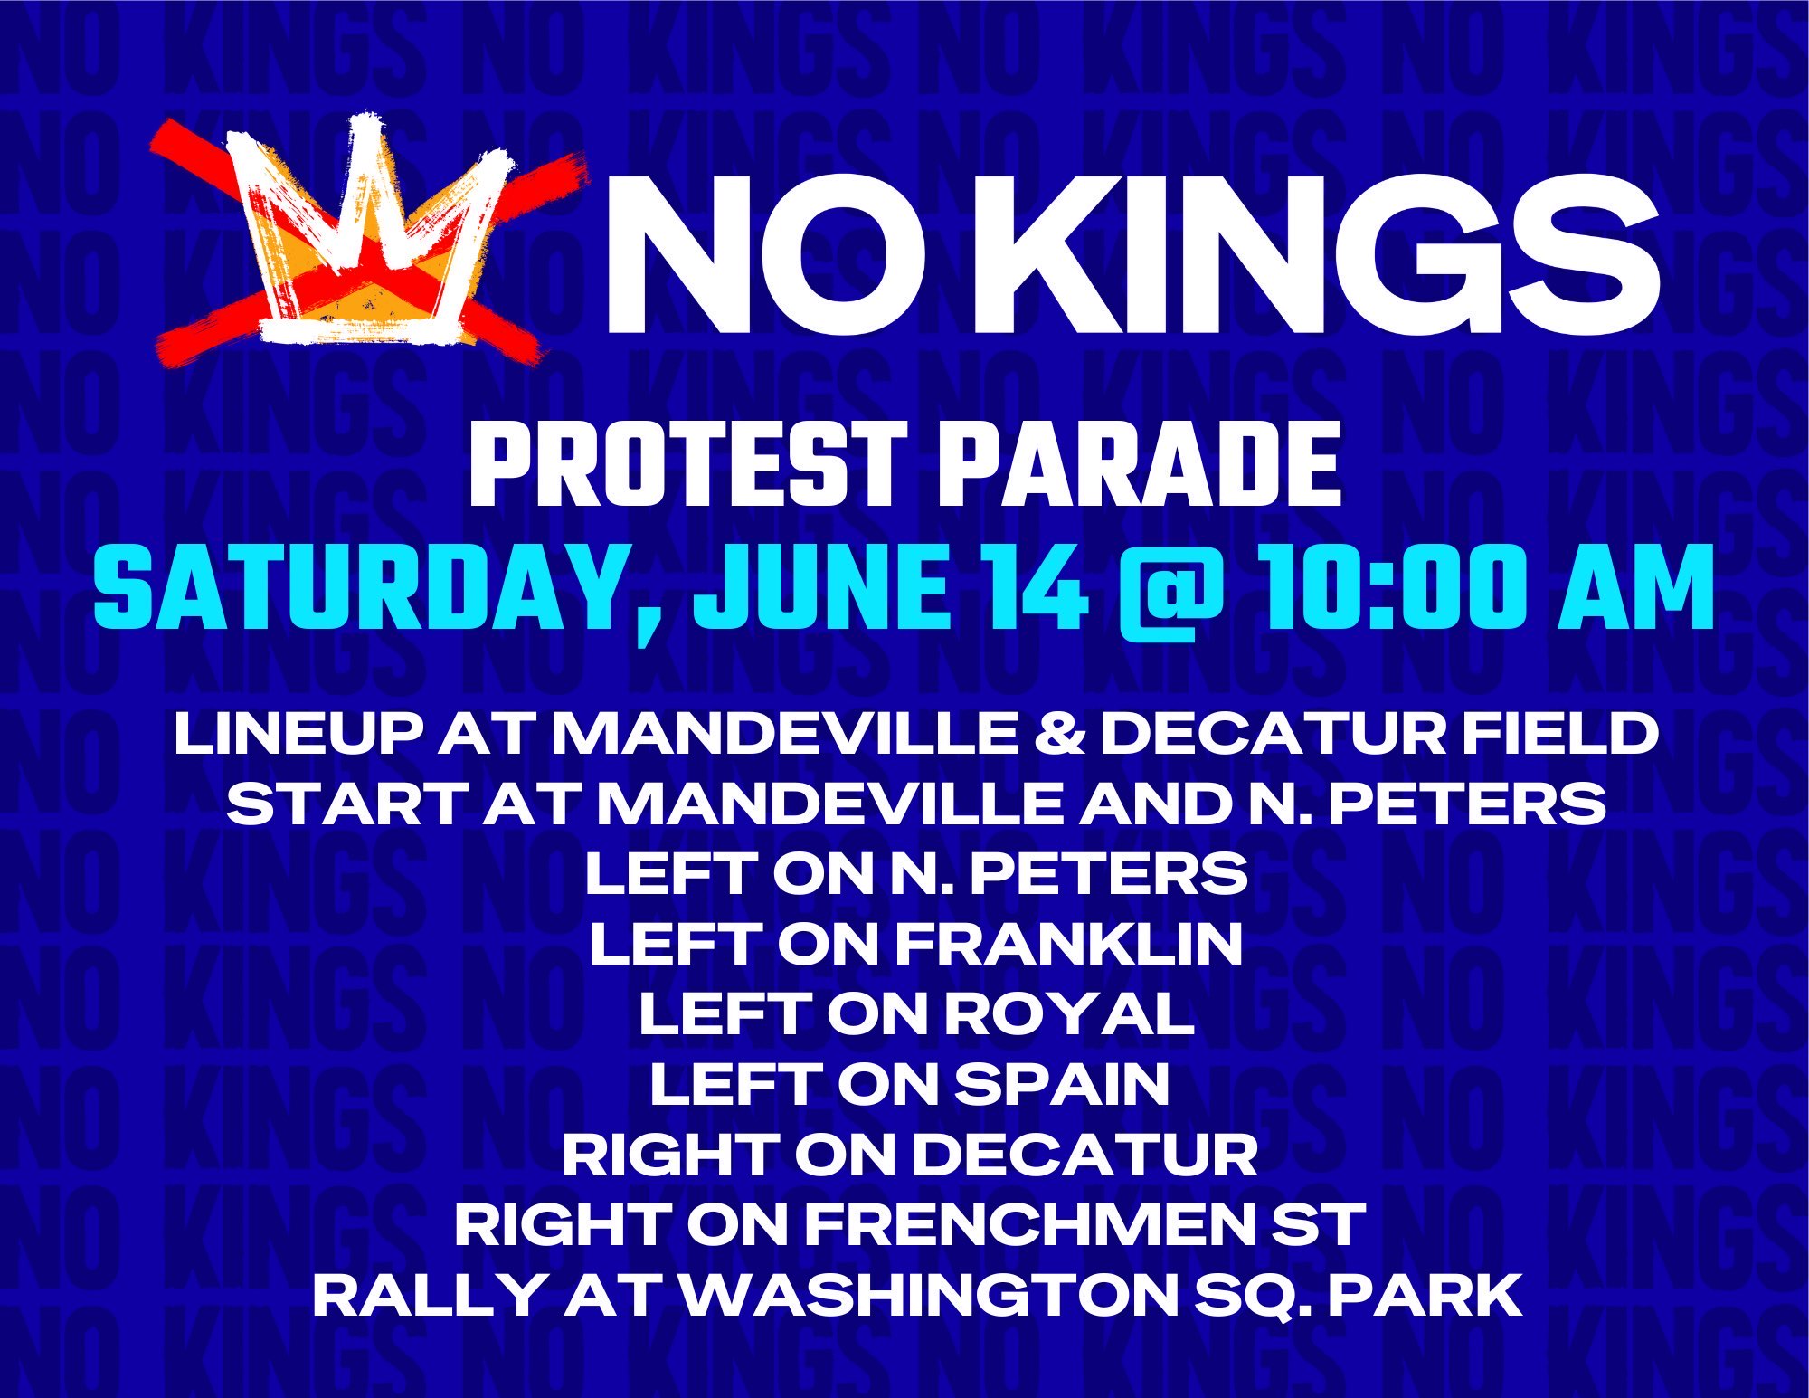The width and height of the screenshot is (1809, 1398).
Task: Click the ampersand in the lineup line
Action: [1059, 733]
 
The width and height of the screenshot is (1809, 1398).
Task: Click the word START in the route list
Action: [347, 804]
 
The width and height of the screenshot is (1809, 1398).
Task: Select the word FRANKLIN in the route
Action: [1069, 944]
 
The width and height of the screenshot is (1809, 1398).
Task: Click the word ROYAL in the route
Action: [1070, 1013]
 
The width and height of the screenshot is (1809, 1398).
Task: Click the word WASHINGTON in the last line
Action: [930, 1295]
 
